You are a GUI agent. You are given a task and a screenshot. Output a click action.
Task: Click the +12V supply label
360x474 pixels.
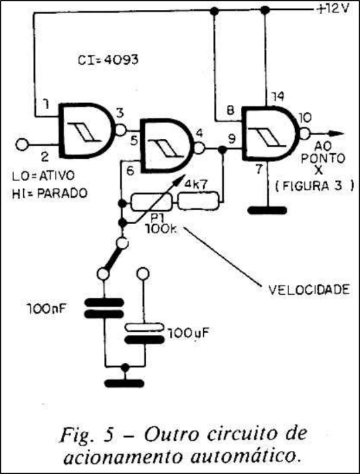(333, 9)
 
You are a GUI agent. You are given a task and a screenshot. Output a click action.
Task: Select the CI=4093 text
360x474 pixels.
(109, 60)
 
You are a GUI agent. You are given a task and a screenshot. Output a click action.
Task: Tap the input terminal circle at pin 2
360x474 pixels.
(21, 144)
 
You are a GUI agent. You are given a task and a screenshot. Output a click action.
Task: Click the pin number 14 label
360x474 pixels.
(277, 97)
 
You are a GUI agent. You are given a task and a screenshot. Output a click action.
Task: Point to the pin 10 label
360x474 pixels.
(306, 118)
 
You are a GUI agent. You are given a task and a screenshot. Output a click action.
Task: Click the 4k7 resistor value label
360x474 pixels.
(195, 184)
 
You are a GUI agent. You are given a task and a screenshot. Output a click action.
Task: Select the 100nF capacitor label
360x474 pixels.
(47, 309)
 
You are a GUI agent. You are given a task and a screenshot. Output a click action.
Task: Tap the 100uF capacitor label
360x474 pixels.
(189, 333)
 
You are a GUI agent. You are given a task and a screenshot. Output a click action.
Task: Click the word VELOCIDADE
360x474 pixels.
(309, 290)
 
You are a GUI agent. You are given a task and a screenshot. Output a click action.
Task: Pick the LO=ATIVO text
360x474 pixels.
(43, 176)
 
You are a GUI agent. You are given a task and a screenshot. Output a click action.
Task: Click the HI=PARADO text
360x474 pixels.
(50, 193)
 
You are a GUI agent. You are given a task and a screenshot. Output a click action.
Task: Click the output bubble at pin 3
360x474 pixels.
(120, 130)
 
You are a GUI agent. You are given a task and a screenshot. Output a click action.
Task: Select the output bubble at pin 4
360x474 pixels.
(199, 149)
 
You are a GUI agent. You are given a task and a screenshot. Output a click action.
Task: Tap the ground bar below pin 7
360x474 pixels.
(267, 210)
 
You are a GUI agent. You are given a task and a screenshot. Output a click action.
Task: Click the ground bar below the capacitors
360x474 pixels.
(124, 383)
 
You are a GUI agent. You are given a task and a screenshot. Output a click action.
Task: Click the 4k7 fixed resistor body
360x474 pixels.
(198, 201)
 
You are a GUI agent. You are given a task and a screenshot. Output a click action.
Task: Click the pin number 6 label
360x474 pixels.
(130, 171)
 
